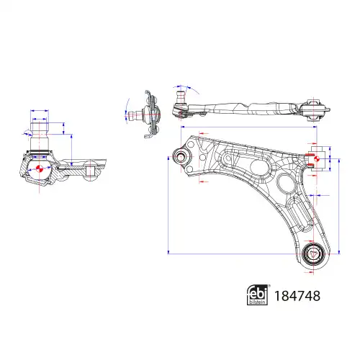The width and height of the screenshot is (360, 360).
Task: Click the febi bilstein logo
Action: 257,295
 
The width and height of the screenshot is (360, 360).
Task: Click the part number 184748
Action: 297,296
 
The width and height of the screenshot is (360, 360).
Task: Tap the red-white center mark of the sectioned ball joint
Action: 39,168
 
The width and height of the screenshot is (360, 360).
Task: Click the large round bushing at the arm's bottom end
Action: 313,254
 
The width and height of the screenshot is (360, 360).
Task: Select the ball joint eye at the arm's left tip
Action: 180,156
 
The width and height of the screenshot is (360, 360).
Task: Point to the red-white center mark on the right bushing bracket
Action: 316,158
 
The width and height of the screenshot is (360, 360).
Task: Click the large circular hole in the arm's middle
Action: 286,184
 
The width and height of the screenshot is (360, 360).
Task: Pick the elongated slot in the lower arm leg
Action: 300,214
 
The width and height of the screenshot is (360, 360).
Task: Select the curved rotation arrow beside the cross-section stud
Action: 27,132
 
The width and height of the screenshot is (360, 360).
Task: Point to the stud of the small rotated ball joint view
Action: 135,116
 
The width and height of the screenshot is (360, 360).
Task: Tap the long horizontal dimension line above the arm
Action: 249,127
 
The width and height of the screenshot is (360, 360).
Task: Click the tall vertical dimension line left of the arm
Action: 168,205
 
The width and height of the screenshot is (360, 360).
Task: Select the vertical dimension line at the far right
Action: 339,206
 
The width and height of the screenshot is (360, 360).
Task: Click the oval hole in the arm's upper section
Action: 259,166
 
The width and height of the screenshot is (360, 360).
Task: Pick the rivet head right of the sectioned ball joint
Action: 90,171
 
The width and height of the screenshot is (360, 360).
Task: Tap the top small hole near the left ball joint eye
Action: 191,145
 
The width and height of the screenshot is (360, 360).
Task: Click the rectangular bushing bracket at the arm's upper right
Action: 318,158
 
